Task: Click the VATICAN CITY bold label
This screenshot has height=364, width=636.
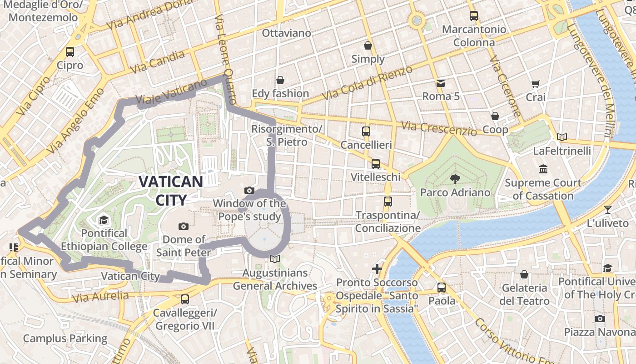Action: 171,191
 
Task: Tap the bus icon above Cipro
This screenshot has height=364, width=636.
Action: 70,52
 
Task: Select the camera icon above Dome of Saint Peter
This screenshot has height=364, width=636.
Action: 184,226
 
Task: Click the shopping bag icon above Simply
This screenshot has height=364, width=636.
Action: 368,45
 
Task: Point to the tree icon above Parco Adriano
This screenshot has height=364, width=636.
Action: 455,179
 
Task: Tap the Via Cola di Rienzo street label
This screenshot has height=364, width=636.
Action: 367,83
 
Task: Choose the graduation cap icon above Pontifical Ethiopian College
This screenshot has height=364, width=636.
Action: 104,220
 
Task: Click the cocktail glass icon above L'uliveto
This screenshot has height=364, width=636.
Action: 608,210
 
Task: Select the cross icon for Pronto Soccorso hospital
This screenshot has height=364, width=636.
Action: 377,269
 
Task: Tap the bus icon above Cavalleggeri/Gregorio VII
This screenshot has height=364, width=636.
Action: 185,299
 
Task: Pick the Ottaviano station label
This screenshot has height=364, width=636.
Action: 287,33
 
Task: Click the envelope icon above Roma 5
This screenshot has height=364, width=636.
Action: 441,83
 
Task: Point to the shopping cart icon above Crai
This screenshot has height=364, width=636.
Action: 535,84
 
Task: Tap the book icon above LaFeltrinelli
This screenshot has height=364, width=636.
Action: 562,137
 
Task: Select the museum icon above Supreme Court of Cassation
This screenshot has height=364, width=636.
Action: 543,169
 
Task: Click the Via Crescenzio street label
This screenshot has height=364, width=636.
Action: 439,128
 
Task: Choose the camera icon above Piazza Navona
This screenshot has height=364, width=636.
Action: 600,318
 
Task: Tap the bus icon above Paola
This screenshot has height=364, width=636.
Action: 442,288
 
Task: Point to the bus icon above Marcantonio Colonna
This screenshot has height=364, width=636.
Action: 474,16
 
